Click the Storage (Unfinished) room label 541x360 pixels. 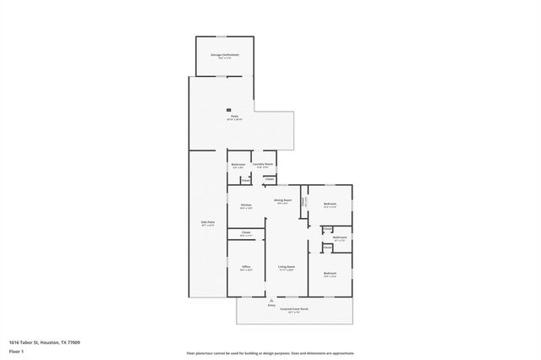pos(225,55)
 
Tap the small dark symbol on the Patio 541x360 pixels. pos(228,109)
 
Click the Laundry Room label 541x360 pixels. pos(264,163)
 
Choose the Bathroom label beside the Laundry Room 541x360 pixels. pos(238,164)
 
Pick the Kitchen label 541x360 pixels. pos(246,205)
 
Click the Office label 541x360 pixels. pos(246,267)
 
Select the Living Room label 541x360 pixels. pos(286,267)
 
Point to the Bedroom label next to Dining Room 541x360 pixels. pos(330,204)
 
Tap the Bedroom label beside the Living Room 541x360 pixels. pos(330,272)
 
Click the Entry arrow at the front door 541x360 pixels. pos(271,300)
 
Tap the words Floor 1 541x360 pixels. pos(17,351)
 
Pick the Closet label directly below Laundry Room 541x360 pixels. pos(270,179)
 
